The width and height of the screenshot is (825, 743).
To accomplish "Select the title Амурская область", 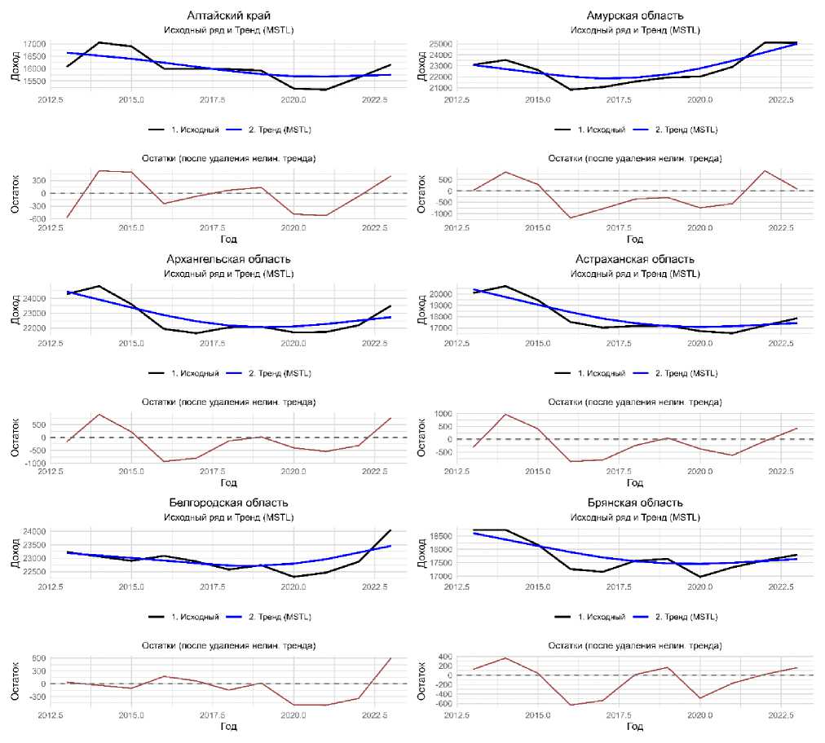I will pos(635,15).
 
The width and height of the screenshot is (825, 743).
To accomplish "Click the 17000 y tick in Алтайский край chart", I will pos(34,44).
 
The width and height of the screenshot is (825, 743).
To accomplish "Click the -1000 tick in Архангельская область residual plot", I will pos(33,464).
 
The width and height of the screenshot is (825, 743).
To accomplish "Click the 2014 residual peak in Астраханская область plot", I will pos(505,414).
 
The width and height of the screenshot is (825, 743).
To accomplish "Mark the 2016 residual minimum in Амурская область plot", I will pos(571,218).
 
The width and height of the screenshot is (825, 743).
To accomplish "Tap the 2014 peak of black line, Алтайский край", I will pos(99,42).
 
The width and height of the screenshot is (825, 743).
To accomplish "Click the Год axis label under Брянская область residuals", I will pos(635,727).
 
